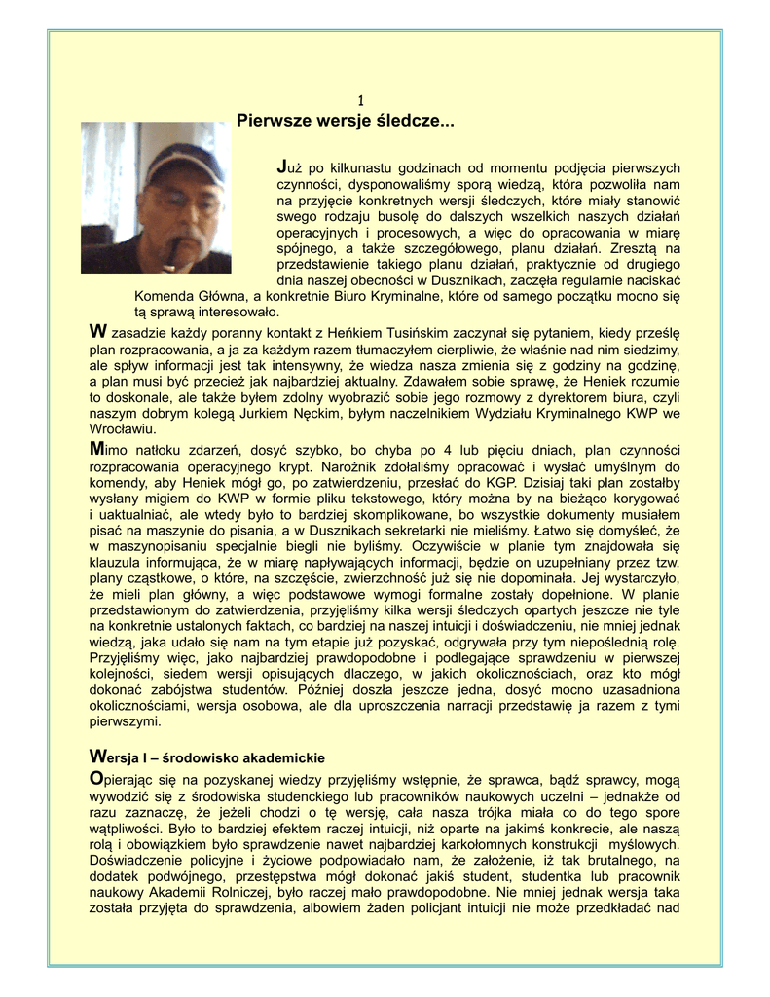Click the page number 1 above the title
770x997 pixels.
click(x=361, y=100)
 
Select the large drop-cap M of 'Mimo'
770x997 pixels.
click(x=96, y=449)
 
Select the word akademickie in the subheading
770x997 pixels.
click(x=276, y=757)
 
